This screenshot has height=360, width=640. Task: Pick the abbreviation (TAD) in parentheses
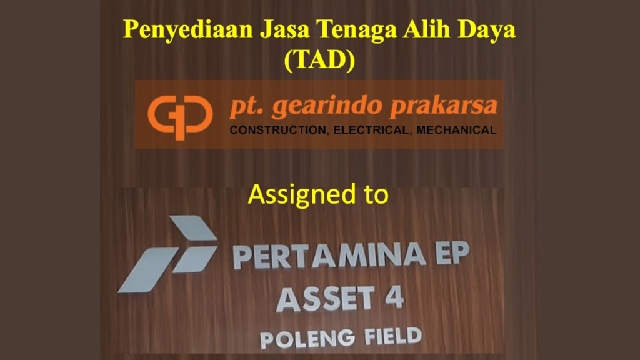pyautogui.click(x=319, y=60)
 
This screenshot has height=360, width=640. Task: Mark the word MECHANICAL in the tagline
pyautogui.click(x=456, y=130)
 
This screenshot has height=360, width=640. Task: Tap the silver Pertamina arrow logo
pyautogui.click(x=167, y=254)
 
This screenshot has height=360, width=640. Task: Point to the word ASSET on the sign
pyautogui.click(x=326, y=299)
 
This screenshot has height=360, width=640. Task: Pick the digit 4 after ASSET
pyautogui.click(x=394, y=297)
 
